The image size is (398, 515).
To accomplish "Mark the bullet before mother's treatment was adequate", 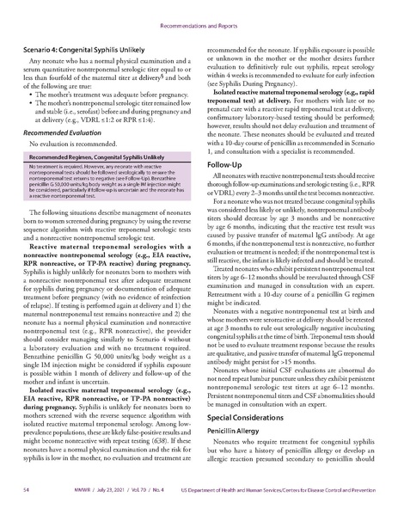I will click(34, 89).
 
